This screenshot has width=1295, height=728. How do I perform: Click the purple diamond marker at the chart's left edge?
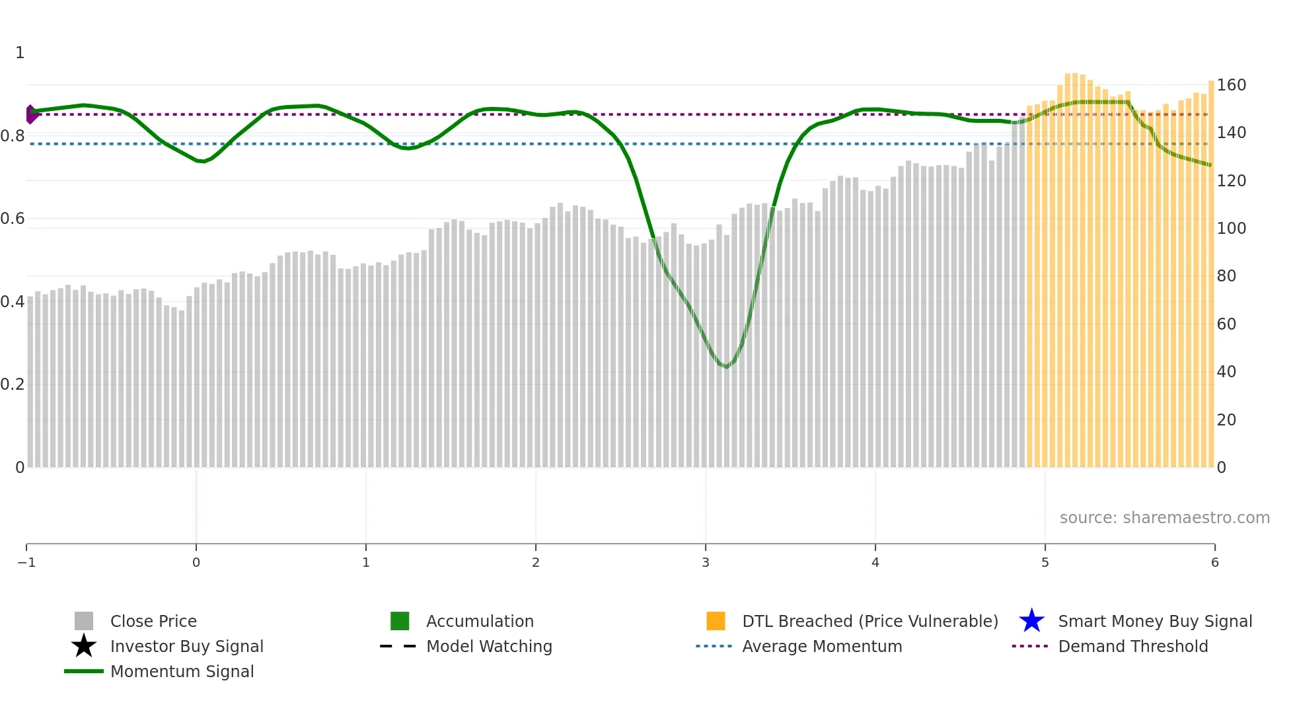coord(31,114)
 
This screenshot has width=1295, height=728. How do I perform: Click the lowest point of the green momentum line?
coord(726,366)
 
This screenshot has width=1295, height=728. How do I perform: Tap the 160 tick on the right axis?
coord(1231,85)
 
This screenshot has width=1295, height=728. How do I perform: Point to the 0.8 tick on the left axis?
coord(13,136)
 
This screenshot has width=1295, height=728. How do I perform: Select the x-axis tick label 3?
coord(705,562)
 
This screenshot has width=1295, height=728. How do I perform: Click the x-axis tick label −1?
coord(26,562)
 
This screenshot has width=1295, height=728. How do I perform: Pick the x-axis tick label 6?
coord(1214,562)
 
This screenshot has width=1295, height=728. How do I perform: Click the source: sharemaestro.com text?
coord(1164,517)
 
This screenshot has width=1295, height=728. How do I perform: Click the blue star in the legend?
coord(1031,621)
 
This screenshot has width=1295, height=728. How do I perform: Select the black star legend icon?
coord(84,646)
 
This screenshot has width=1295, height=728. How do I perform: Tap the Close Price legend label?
coord(153,621)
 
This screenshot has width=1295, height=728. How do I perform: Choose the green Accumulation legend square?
coord(400,621)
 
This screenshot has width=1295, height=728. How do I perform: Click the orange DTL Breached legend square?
coord(716,621)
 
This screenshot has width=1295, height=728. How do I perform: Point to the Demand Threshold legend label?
coord(1132,646)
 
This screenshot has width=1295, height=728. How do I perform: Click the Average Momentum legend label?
coord(822,646)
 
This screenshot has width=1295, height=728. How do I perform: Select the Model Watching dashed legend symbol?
coord(398,646)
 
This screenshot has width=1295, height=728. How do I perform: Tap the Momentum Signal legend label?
coord(182,671)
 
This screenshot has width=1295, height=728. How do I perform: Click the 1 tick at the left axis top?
coord(20,53)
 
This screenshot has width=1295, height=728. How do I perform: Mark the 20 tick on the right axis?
coord(1226,420)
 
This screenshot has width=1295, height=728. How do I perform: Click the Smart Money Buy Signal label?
coord(1155,621)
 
